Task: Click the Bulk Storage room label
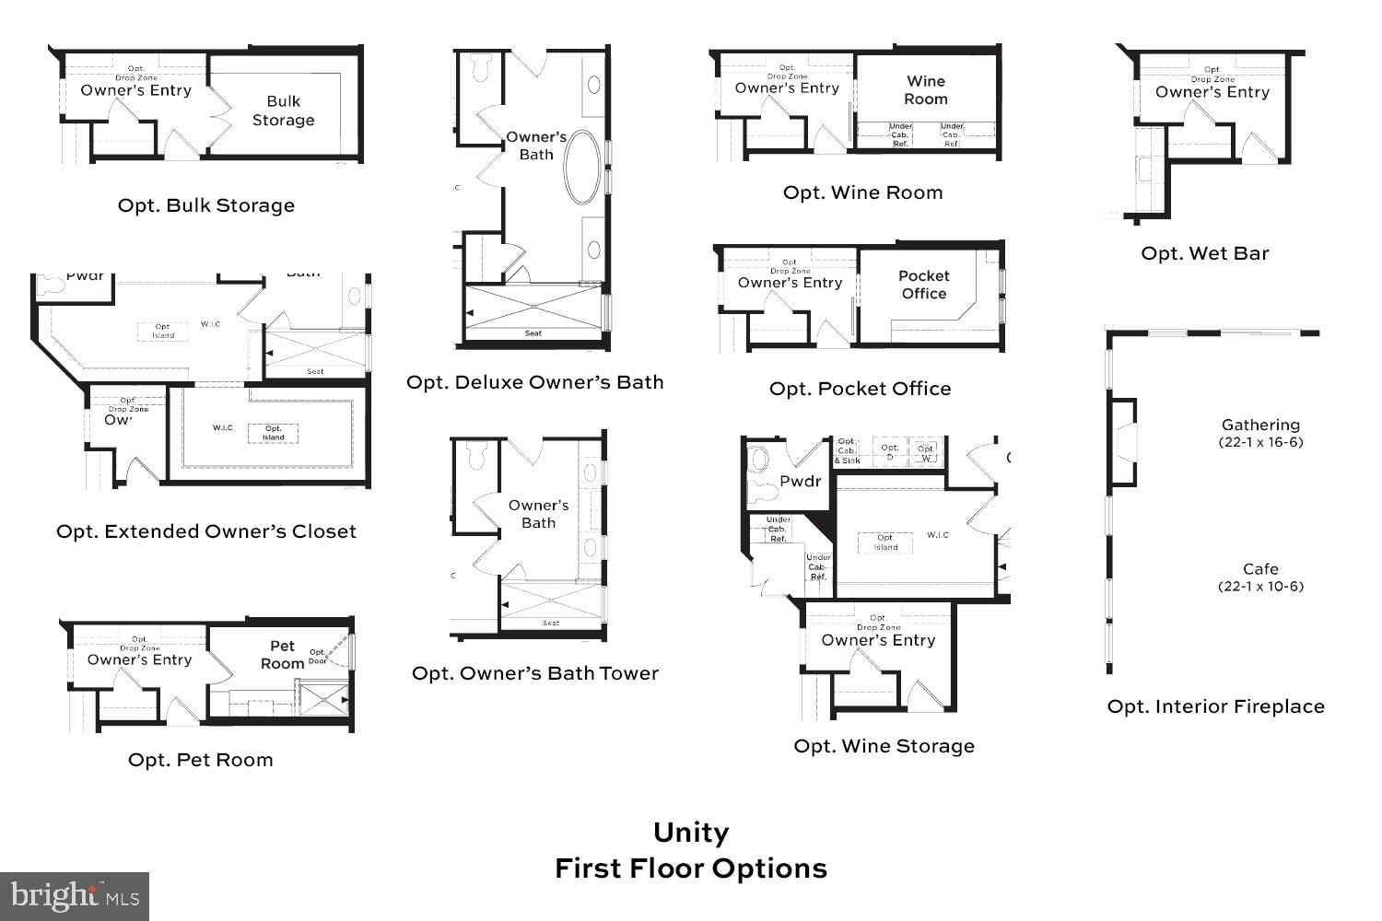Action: tap(283, 111)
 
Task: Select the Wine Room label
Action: tap(925, 90)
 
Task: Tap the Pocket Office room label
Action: tap(923, 285)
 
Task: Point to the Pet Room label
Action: tap(282, 655)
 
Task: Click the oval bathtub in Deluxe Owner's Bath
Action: tap(580, 167)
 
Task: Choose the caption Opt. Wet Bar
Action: tap(1204, 253)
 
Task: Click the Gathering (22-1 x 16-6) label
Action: tap(1260, 432)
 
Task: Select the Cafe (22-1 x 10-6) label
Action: tap(1260, 577)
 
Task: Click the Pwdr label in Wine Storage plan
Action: tap(800, 481)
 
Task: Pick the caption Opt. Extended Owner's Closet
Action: tap(206, 531)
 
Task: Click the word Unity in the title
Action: tap(691, 832)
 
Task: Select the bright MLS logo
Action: tap(75, 896)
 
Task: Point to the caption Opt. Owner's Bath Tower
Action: tap(535, 673)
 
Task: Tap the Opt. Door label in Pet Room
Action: tap(318, 657)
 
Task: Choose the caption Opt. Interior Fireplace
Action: tap(1215, 706)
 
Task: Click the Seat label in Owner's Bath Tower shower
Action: tap(551, 624)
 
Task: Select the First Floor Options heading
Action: tap(691, 869)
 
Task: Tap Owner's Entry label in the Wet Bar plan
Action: tap(1212, 92)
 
